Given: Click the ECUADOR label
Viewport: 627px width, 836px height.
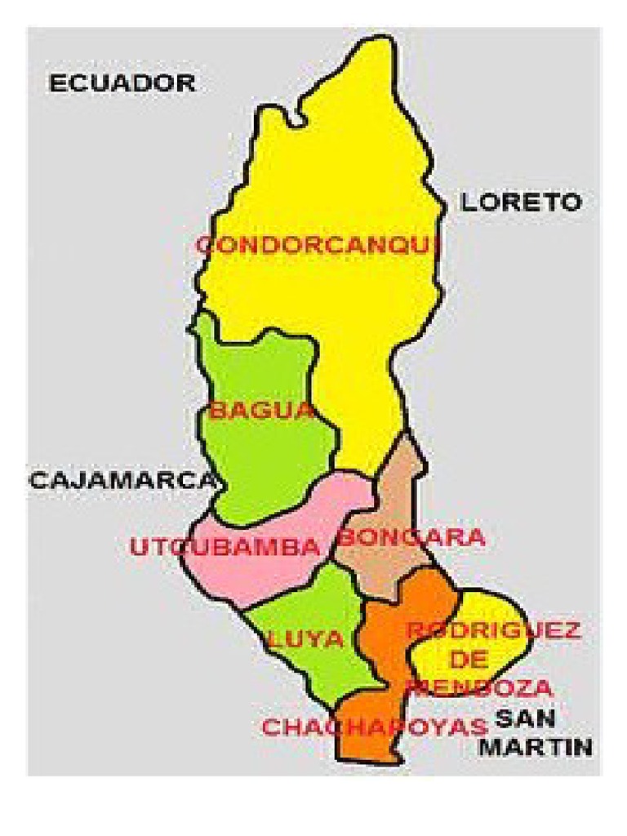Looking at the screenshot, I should (x=122, y=83).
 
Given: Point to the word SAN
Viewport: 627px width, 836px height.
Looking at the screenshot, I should (x=526, y=719).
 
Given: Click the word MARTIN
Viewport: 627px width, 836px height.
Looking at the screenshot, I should (x=535, y=746).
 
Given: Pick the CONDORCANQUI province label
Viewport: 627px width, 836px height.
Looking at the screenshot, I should (x=319, y=245).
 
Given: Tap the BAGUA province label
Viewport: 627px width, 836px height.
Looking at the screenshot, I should (x=261, y=410).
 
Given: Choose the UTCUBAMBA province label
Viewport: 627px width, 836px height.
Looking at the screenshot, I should (x=225, y=547).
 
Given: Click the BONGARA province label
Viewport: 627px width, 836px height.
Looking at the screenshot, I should (x=411, y=538).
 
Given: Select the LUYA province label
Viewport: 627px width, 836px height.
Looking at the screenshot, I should (x=305, y=639).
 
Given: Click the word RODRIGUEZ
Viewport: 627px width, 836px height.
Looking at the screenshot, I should (x=493, y=630).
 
